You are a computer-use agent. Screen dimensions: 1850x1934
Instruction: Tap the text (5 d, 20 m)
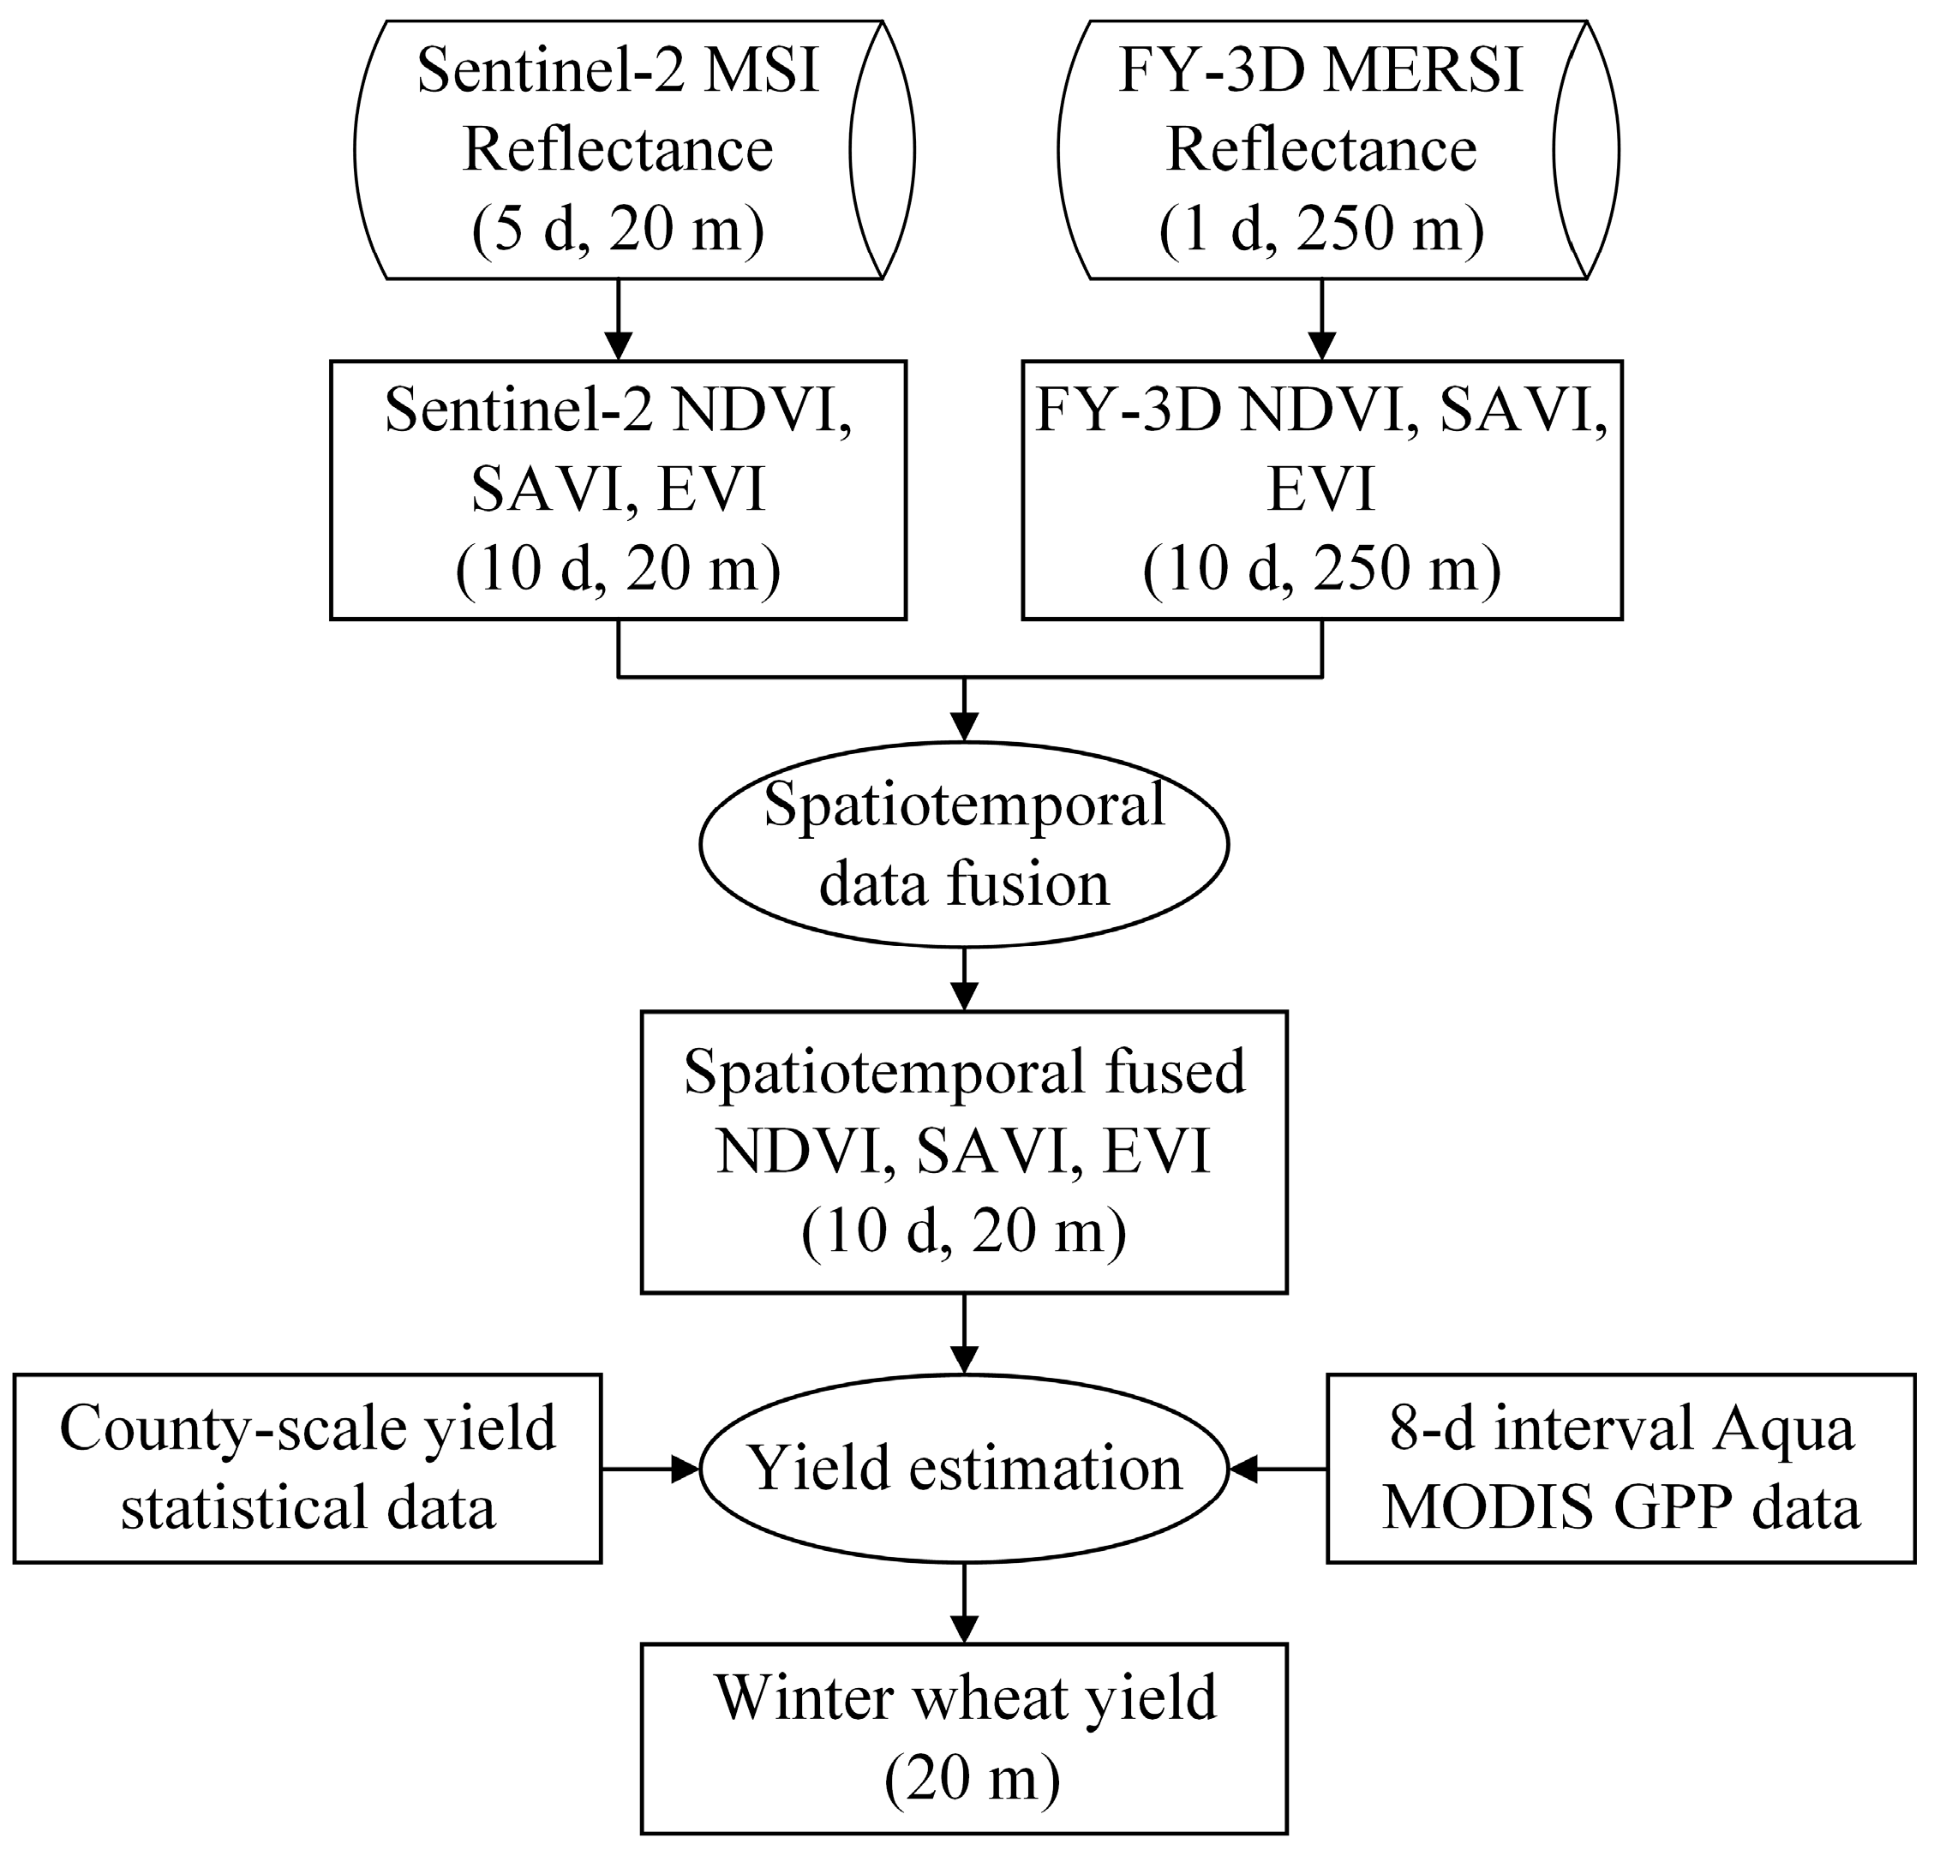pos(617,230)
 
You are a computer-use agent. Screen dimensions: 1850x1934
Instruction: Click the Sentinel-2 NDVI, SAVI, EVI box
pos(617,490)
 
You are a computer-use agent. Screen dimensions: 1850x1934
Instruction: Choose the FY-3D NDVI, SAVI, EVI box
pos(1320,490)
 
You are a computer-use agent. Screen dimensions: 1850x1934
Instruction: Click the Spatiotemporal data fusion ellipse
pos(963,844)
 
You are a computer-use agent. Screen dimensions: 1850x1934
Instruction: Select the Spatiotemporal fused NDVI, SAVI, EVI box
pos(963,1152)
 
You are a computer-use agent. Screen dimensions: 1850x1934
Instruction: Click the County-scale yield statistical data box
pos(307,1469)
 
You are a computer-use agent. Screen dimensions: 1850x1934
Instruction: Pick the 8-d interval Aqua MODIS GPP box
pos(1620,1469)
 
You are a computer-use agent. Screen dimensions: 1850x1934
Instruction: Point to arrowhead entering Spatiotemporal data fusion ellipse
pos(963,727)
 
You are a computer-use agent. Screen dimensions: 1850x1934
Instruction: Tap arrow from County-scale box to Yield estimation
pos(651,1470)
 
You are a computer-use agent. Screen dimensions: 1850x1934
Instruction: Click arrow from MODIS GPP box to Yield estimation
pos(1277,1470)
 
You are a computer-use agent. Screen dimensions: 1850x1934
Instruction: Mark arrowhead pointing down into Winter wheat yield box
pos(963,1629)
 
